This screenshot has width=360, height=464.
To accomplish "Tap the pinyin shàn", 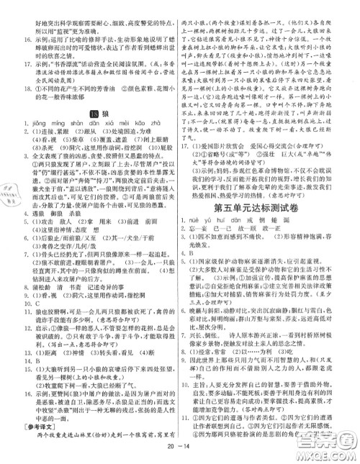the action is tap(78, 125).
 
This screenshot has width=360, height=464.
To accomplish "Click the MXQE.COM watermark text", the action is tap(331, 450).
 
